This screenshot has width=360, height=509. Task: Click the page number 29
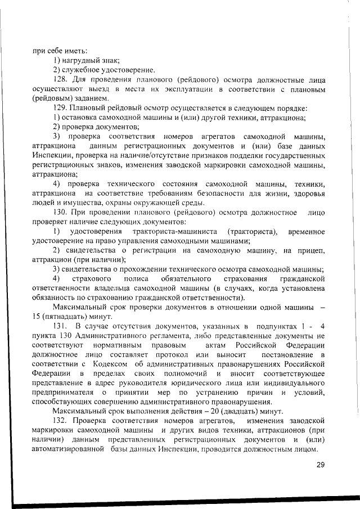click(x=321, y=464)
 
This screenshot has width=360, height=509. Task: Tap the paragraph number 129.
click(x=61, y=108)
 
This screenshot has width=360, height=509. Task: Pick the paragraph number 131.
click(x=61, y=326)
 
